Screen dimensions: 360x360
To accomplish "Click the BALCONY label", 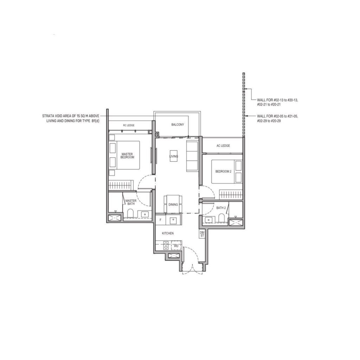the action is (178, 125).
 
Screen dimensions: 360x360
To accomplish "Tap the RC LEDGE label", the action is (129, 126).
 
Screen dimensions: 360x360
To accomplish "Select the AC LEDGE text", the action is (223, 146).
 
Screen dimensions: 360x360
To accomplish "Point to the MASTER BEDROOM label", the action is (127, 156).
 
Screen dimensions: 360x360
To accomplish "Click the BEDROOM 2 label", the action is (223, 172).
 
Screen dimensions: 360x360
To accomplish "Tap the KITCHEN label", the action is (168, 233).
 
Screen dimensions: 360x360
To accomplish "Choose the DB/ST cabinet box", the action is (202, 234).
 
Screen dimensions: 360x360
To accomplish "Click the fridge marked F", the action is (160, 220).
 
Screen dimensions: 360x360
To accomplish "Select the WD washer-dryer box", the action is (176, 246).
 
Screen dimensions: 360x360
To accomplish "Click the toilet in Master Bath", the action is (130, 213).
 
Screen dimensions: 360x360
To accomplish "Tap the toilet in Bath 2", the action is (221, 218).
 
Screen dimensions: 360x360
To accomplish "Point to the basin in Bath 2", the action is (208, 220).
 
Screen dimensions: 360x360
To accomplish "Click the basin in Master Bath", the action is (145, 214).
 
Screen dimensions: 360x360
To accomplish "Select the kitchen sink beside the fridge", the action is (173, 221).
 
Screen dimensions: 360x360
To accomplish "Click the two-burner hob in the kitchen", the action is (166, 245).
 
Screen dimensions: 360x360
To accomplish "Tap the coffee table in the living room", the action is (174, 156).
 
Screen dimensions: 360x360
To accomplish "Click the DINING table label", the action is (173, 205).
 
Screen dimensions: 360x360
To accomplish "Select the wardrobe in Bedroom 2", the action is (231, 194).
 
